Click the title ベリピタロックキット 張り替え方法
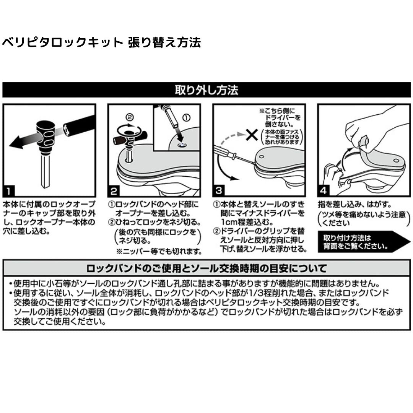(x=101, y=42)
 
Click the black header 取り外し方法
(x=206, y=90)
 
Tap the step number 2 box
(x=114, y=190)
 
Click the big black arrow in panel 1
(x=23, y=141)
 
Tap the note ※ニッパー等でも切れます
(x=159, y=251)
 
